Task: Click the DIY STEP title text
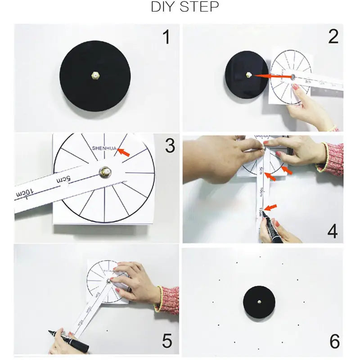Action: [185, 8]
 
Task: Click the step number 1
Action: [166, 37]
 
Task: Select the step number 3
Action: [169, 145]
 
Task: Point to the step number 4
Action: [332, 231]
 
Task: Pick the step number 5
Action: [167, 341]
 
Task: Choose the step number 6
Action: [334, 341]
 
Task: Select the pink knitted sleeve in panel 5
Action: [168, 299]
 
